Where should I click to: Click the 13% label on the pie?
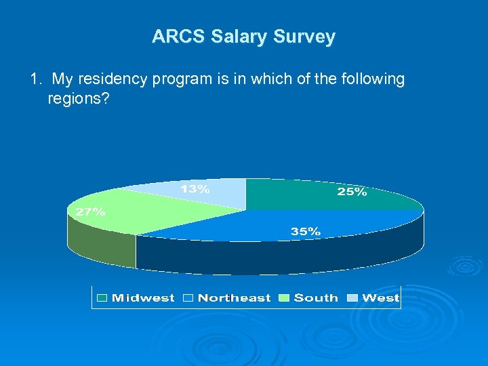(195, 190)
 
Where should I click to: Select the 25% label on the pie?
(352, 192)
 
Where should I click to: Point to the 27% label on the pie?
(90, 211)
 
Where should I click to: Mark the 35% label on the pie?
(306, 231)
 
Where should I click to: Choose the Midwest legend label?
(143, 298)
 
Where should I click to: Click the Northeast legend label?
(234, 298)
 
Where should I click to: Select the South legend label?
(316, 298)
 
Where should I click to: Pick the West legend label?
(381, 298)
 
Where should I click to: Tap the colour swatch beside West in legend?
(353, 298)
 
